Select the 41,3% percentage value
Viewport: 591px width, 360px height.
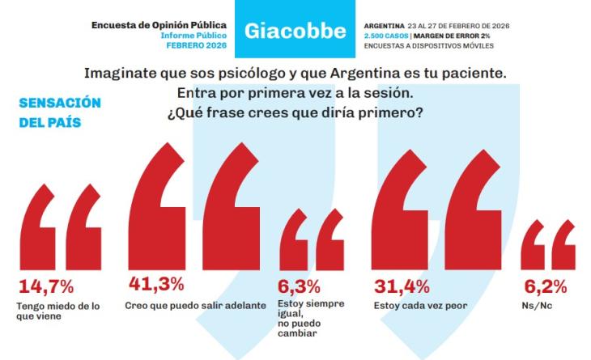pyautogui.click(x=156, y=284)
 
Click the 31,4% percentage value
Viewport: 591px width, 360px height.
pyautogui.click(x=402, y=286)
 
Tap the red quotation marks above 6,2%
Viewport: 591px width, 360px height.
pyautogui.click(x=548, y=246)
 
